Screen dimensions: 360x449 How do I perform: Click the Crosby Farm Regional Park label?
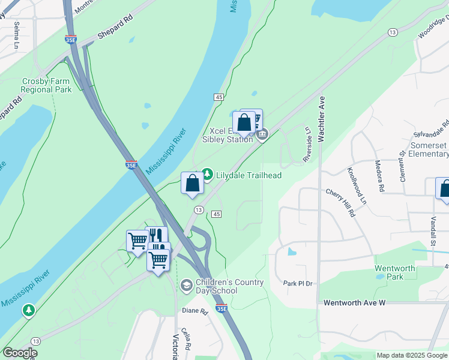point(46,85)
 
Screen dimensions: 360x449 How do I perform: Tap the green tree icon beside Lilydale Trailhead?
point(207,175)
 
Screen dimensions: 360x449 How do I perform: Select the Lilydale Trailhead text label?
point(249,175)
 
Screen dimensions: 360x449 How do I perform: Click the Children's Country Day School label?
point(232,286)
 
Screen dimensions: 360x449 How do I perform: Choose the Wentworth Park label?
point(395,272)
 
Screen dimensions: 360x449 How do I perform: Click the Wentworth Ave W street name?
point(354,303)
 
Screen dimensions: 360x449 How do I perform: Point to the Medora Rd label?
point(378,175)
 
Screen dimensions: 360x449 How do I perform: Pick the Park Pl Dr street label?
point(298,283)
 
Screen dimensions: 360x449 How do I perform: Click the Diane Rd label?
point(195,311)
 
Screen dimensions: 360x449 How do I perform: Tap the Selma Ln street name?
point(16,35)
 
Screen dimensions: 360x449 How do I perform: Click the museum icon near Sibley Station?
point(262,135)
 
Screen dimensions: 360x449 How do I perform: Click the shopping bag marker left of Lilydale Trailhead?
point(192,183)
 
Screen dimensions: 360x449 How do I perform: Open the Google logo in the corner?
point(20,353)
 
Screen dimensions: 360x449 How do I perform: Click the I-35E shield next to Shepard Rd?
point(71,39)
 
